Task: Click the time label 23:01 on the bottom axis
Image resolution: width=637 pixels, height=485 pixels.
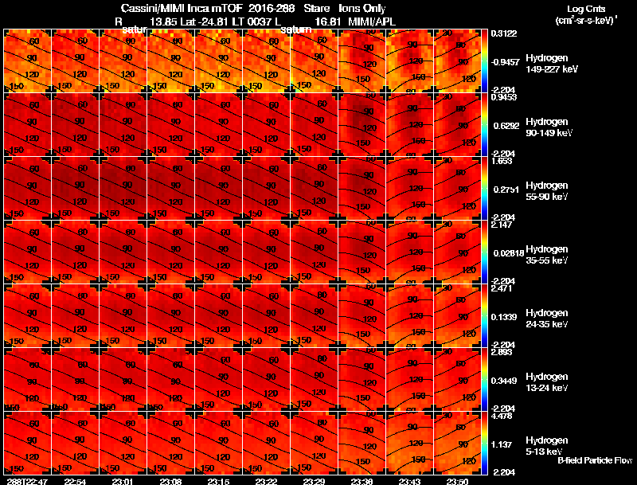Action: (123, 481)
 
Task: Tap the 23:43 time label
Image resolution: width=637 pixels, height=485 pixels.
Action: (410, 481)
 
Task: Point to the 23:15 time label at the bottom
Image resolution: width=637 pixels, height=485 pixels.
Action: (219, 481)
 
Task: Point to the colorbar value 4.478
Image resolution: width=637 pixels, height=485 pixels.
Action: (502, 415)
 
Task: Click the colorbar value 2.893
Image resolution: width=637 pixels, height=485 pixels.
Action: (502, 351)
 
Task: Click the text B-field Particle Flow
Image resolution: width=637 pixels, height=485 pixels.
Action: (594, 460)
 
